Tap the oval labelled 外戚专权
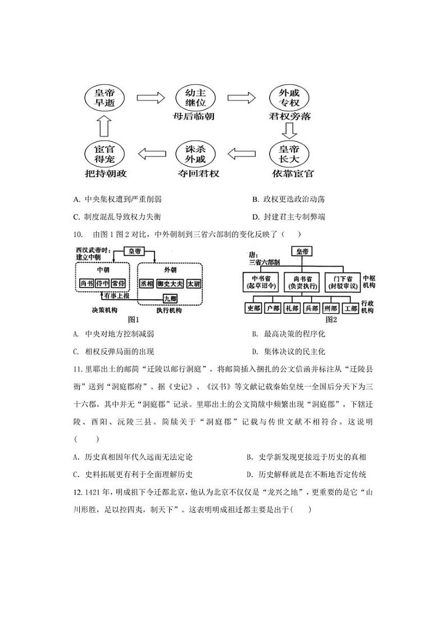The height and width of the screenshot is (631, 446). (x=289, y=98)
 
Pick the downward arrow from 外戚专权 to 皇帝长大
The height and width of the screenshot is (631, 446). (x=289, y=131)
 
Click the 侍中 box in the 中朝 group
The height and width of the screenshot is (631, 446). (x=102, y=283)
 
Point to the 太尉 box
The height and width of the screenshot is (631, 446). (x=193, y=283)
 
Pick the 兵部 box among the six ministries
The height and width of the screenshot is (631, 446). (x=311, y=308)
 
